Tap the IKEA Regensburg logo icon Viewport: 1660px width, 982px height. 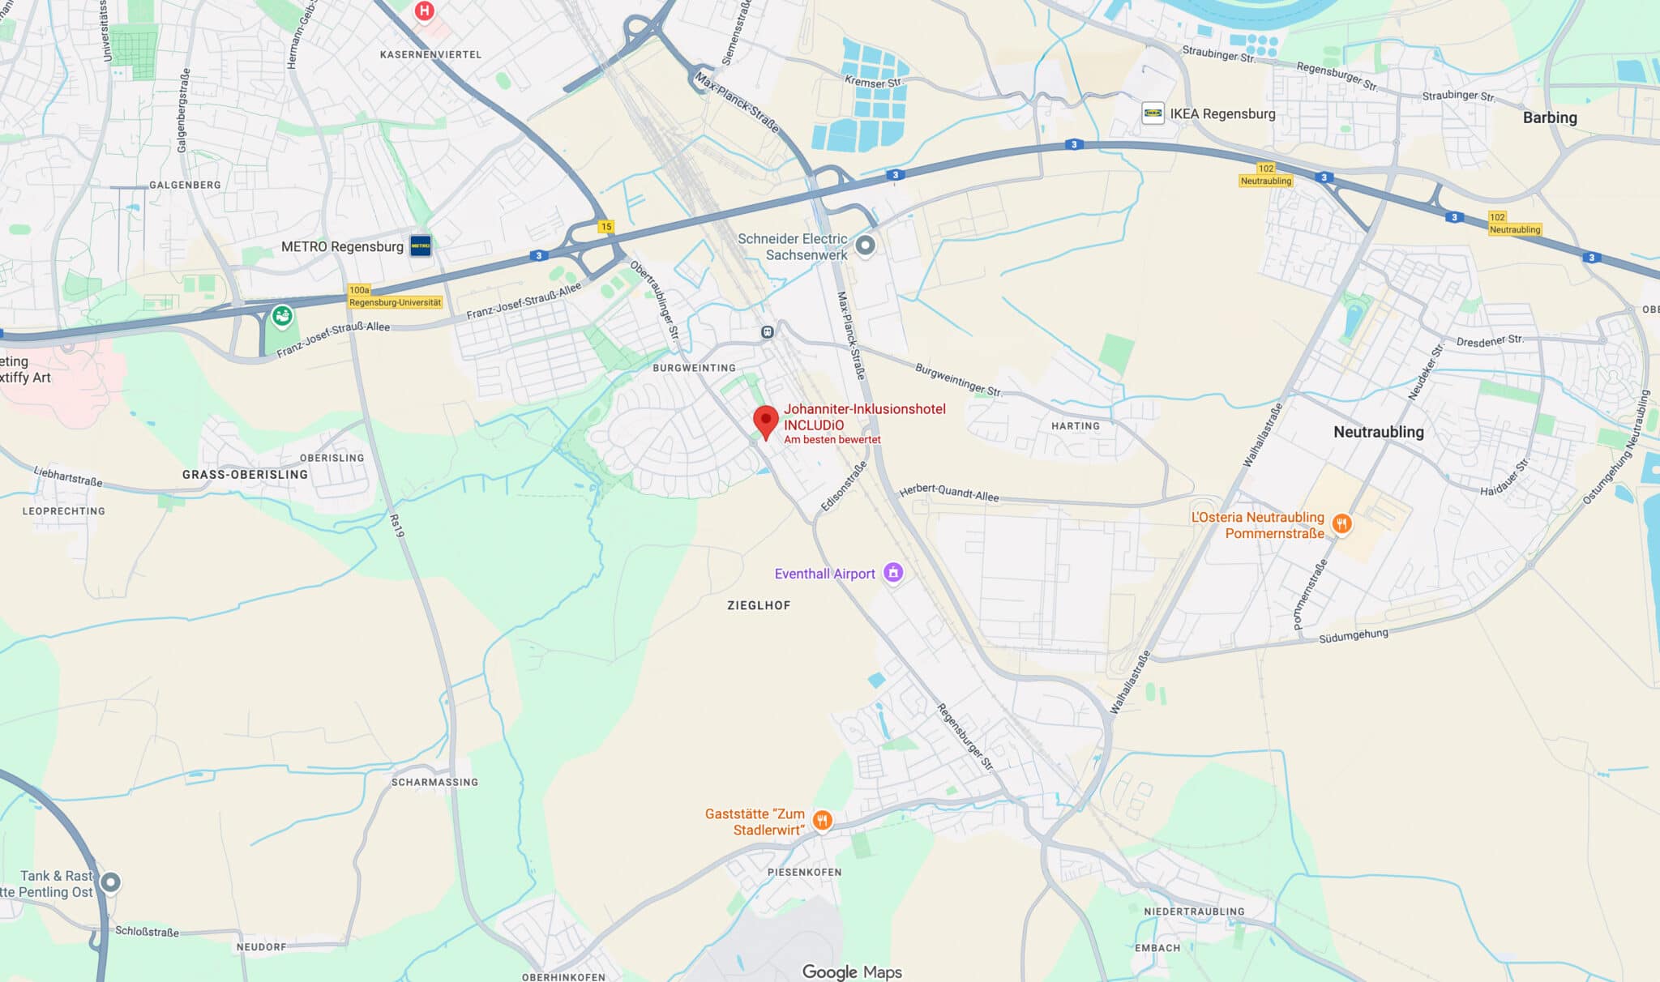pyautogui.click(x=1153, y=113)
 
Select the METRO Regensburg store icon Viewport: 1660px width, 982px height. pyautogui.click(x=421, y=245)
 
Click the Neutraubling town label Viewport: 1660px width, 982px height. pyautogui.click(x=1378, y=432)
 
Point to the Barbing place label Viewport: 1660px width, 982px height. pyautogui.click(x=1549, y=117)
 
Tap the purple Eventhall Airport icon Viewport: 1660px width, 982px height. pyautogui.click(x=893, y=573)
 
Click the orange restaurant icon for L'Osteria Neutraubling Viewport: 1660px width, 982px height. pyautogui.click(x=1341, y=524)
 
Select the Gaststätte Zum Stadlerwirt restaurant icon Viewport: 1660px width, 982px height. pyautogui.click(x=822, y=821)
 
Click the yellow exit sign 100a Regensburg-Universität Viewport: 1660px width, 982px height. pyautogui.click(x=395, y=297)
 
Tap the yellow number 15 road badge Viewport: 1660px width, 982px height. pyautogui.click(x=606, y=227)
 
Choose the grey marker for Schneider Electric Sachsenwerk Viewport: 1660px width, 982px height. pyautogui.click(x=866, y=245)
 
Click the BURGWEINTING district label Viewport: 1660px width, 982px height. pyautogui.click(x=694, y=368)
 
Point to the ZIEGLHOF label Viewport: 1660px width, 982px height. pyautogui.click(x=759, y=605)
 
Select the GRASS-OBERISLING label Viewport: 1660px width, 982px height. pyautogui.click(x=245, y=475)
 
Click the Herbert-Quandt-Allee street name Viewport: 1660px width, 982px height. pyautogui.click(x=949, y=493)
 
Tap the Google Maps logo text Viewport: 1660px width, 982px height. pyautogui.click(x=851, y=971)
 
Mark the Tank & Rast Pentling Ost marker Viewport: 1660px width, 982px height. pyautogui.click(x=110, y=882)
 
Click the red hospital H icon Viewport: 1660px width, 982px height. pyautogui.click(x=424, y=11)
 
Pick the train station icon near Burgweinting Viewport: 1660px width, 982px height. pyautogui.click(x=767, y=332)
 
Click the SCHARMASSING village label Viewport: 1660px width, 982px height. pyautogui.click(x=434, y=782)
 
